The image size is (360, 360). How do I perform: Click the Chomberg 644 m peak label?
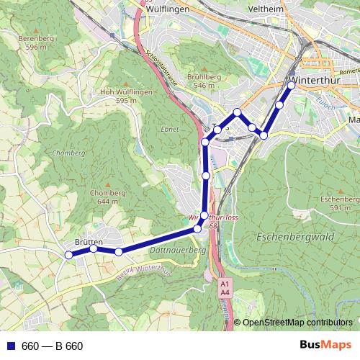click(108, 197)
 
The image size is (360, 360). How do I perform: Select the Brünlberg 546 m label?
click(199, 81)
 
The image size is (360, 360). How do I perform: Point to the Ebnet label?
click(170, 130)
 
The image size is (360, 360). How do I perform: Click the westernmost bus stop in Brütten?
click(68, 254)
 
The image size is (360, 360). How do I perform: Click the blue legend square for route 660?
click(9, 346)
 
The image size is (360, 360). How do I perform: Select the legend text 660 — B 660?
click(52, 346)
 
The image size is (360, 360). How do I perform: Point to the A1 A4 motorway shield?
click(225, 288)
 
